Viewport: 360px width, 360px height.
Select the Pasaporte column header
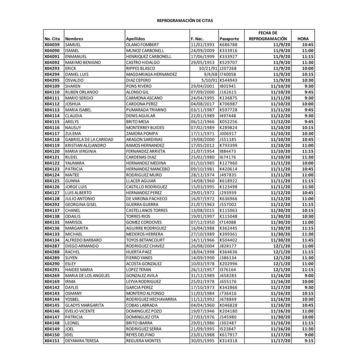click(x=229, y=39)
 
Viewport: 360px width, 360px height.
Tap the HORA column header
click(x=303, y=39)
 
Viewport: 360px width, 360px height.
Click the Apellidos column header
click(x=135, y=39)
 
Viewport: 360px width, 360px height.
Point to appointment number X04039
click(x=52, y=45)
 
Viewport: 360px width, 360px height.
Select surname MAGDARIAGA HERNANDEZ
click(x=151, y=74)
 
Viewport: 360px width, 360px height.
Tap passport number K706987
click(x=228, y=104)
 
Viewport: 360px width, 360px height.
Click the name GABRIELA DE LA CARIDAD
click(x=89, y=139)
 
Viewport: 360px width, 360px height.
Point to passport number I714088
click(x=228, y=222)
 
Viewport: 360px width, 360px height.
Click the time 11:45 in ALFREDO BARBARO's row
click(x=307, y=240)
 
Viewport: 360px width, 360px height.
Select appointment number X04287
click(x=52, y=246)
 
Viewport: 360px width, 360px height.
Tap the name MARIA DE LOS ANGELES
click(x=88, y=275)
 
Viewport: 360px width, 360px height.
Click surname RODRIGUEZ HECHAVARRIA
click(x=151, y=299)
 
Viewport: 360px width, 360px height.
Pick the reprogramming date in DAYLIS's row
click(x=281, y=287)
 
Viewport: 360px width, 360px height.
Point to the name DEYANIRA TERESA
click(x=82, y=341)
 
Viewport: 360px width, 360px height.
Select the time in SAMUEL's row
click(x=307, y=45)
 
